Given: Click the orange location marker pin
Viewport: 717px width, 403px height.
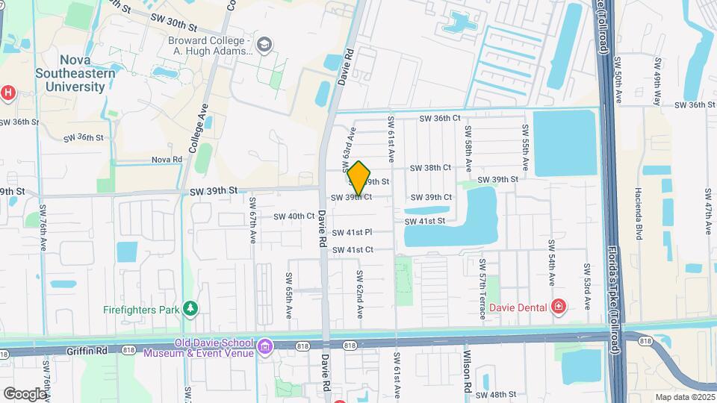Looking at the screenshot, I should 358,178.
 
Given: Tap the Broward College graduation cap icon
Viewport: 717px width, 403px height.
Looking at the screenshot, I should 263,46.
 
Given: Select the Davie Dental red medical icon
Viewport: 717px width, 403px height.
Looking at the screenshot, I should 558,306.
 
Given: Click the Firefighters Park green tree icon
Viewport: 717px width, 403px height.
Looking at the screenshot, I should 192,309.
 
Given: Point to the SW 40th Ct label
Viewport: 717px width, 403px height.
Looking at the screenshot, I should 294,216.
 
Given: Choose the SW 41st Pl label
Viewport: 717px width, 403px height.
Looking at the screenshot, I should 353,234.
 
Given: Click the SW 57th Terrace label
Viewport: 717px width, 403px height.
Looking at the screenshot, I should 483,289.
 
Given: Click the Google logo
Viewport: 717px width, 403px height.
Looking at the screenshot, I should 24,393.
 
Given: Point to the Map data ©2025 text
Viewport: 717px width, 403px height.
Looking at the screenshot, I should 684,397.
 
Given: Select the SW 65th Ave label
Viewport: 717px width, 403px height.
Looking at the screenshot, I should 289,290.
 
